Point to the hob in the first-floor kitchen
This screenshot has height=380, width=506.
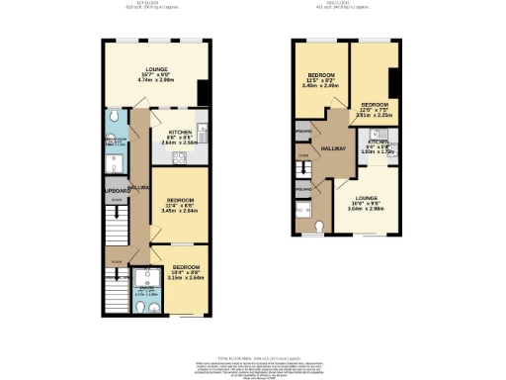[x=180, y=156]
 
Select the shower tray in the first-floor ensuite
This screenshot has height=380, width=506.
[x=151, y=274]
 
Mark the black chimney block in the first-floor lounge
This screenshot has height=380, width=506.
[x=203, y=92]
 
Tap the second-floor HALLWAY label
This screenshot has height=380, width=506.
[x=332, y=147]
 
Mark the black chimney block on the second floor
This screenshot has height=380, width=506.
[x=393, y=83]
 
